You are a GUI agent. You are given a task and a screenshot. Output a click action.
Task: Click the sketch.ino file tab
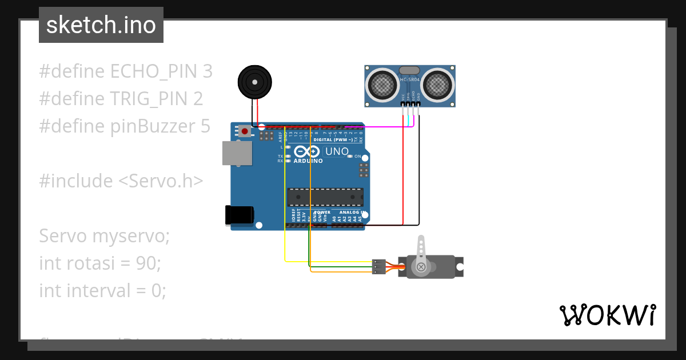[x=101, y=25]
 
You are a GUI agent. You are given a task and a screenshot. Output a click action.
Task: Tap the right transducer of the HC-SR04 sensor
[x=438, y=85]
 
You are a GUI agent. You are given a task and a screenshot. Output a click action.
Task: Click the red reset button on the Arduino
[x=245, y=131]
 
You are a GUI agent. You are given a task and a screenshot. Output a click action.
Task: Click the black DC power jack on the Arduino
[x=239, y=215]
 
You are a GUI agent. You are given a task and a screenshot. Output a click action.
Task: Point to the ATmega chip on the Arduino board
[x=325, y=197]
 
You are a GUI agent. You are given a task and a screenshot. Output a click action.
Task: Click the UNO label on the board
[x=336, y=151]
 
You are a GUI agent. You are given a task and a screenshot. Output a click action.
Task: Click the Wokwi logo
[x=607, y=315]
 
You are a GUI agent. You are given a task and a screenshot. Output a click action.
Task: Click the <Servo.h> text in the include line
[x=161, y=181]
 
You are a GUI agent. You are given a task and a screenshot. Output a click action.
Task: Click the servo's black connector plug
[x=378, y=266]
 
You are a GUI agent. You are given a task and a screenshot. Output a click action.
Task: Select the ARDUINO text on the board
[x=308, y=161]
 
